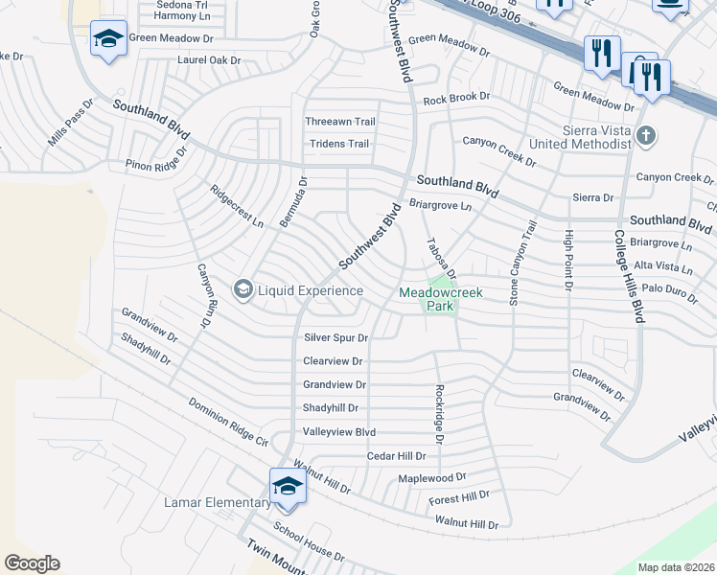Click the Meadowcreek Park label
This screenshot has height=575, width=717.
tap(439, 299)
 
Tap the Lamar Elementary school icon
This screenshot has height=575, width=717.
tap(288, 485)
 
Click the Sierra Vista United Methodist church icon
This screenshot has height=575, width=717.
tap(646, 135)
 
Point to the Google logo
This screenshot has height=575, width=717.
tap(32, 563)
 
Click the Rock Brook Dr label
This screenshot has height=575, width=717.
tap(456, 98)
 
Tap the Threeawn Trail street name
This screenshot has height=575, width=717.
tap(340, 122)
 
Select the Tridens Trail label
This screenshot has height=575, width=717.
tap(339, 144)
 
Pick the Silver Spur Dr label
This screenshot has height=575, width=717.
tap(335, 337)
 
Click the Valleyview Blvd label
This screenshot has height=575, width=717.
tap(339, 432)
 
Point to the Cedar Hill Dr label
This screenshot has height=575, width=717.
tap(396, 456)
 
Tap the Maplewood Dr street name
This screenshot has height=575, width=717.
tap(432, 476)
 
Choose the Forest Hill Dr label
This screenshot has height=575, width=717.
tap(459, 497)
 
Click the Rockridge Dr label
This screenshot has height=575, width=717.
tap(439, 413)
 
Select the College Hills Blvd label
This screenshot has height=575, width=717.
tap(629, 276)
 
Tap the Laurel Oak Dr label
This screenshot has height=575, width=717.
tap(209, 59)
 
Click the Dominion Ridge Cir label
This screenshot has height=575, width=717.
tap(228, 422)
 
